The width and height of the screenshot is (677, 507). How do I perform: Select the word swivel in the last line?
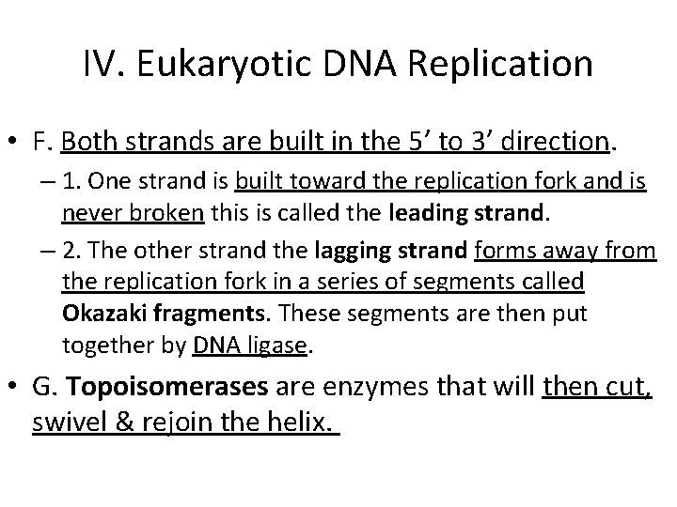click(71, 422)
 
